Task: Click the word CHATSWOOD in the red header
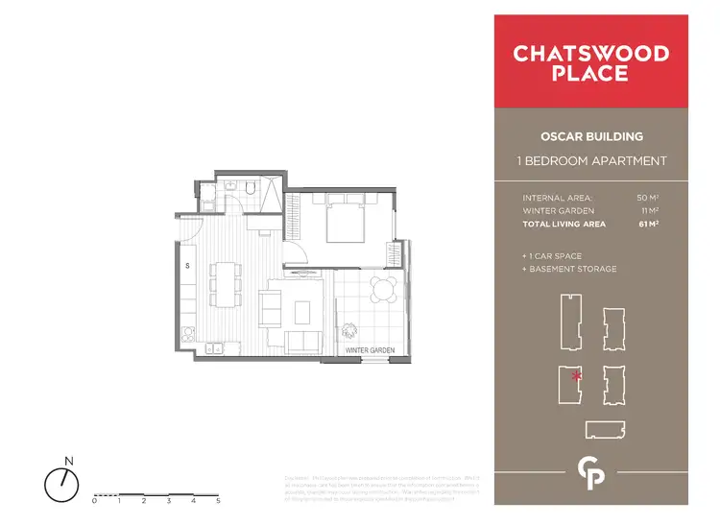pyautogui.click(x=590, y=53)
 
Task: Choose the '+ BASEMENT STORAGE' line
pyautogui.click(x=569, y=269)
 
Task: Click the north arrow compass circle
pyautogui.click(x=62, y=482)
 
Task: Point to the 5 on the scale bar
pyautogui.click(x=219, y=501)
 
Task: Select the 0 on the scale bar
pyautogui.click(x=95, y=501)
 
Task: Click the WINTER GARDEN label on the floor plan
pyautogui.click(x=370, y=351)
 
